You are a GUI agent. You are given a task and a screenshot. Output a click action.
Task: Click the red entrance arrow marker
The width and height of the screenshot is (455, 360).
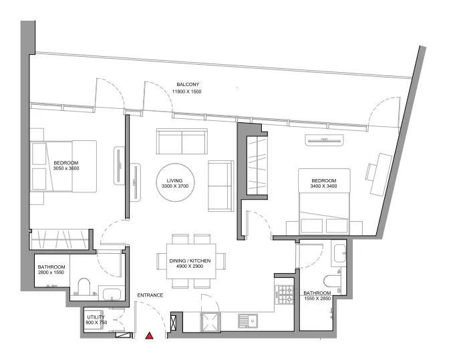tap(150, 336)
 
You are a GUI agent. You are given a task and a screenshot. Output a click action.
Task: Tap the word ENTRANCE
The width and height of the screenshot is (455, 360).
tap(151, 295)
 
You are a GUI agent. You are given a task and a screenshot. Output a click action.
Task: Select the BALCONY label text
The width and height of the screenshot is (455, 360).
tap(188, 84)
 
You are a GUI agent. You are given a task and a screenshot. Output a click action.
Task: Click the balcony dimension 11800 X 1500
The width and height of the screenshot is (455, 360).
tap(188, 92)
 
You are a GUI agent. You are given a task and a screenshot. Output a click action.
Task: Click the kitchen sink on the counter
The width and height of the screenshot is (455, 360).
tap(253, 321)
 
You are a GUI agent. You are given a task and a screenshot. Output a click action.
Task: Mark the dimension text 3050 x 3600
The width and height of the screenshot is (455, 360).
tap(66, 169)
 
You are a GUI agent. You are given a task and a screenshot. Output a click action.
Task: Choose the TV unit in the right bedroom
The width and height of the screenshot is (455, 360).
tap(325, 140)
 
